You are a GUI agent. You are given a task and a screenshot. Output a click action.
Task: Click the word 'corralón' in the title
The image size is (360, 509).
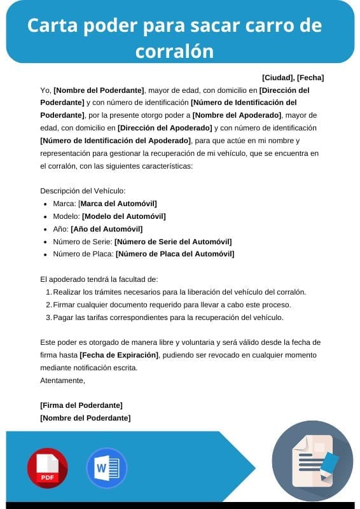pos(174,51)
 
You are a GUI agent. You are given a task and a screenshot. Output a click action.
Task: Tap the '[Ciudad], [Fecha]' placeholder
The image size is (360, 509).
pos(293,78)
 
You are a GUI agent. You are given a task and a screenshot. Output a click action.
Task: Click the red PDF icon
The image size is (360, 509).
pos(47,468)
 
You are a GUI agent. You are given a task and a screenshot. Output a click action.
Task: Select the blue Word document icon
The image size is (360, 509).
pos(106,468)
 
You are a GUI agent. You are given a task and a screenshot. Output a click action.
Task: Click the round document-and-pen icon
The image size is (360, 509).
pos(312,461)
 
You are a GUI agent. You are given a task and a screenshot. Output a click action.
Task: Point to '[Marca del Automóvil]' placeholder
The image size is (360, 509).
pos(118,204)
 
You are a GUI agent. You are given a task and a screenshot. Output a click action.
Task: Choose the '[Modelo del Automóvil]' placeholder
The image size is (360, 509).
pos(124,216)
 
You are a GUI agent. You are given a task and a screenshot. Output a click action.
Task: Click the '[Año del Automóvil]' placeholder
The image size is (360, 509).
pos(106,229)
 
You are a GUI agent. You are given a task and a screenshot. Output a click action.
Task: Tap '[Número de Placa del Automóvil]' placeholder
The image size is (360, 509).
pos(175,254)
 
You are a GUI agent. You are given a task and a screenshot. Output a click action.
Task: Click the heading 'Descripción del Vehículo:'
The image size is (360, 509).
pos(83,191)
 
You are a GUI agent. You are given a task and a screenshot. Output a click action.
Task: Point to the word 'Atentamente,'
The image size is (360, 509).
pos(62,380)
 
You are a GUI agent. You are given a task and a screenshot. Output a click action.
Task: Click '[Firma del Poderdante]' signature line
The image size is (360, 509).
pos(81,405)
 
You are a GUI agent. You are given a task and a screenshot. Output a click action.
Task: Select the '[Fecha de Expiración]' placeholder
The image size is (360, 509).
pos(120,354)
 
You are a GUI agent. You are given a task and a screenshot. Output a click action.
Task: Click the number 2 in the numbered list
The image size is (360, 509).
pos(48,305)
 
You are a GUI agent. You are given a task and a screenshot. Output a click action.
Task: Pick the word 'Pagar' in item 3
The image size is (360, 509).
pos(64,317)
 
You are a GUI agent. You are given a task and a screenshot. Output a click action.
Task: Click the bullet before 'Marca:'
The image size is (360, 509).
pos(45,204)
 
